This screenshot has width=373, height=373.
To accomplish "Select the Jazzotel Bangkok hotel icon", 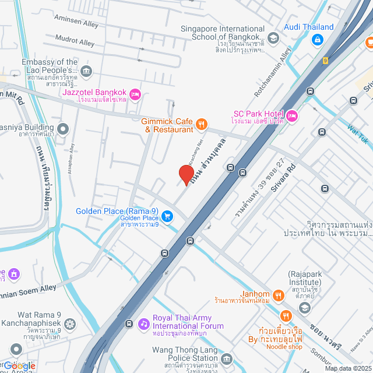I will tap(135, 93).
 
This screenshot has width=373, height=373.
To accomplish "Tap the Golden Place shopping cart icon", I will tap(167, 216).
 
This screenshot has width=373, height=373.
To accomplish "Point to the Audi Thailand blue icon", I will tap(318, 40).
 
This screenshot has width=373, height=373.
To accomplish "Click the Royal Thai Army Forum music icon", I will tap(143, 323).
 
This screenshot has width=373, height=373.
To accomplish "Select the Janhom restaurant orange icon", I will tap(279, 295).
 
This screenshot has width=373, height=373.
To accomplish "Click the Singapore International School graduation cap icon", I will tap(274, 38).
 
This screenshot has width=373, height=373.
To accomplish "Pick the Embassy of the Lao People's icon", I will tap(86, 72).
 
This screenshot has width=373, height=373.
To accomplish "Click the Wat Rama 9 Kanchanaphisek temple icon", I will tap(69, 323).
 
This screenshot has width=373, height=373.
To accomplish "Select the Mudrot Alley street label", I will tap(75, 43).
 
